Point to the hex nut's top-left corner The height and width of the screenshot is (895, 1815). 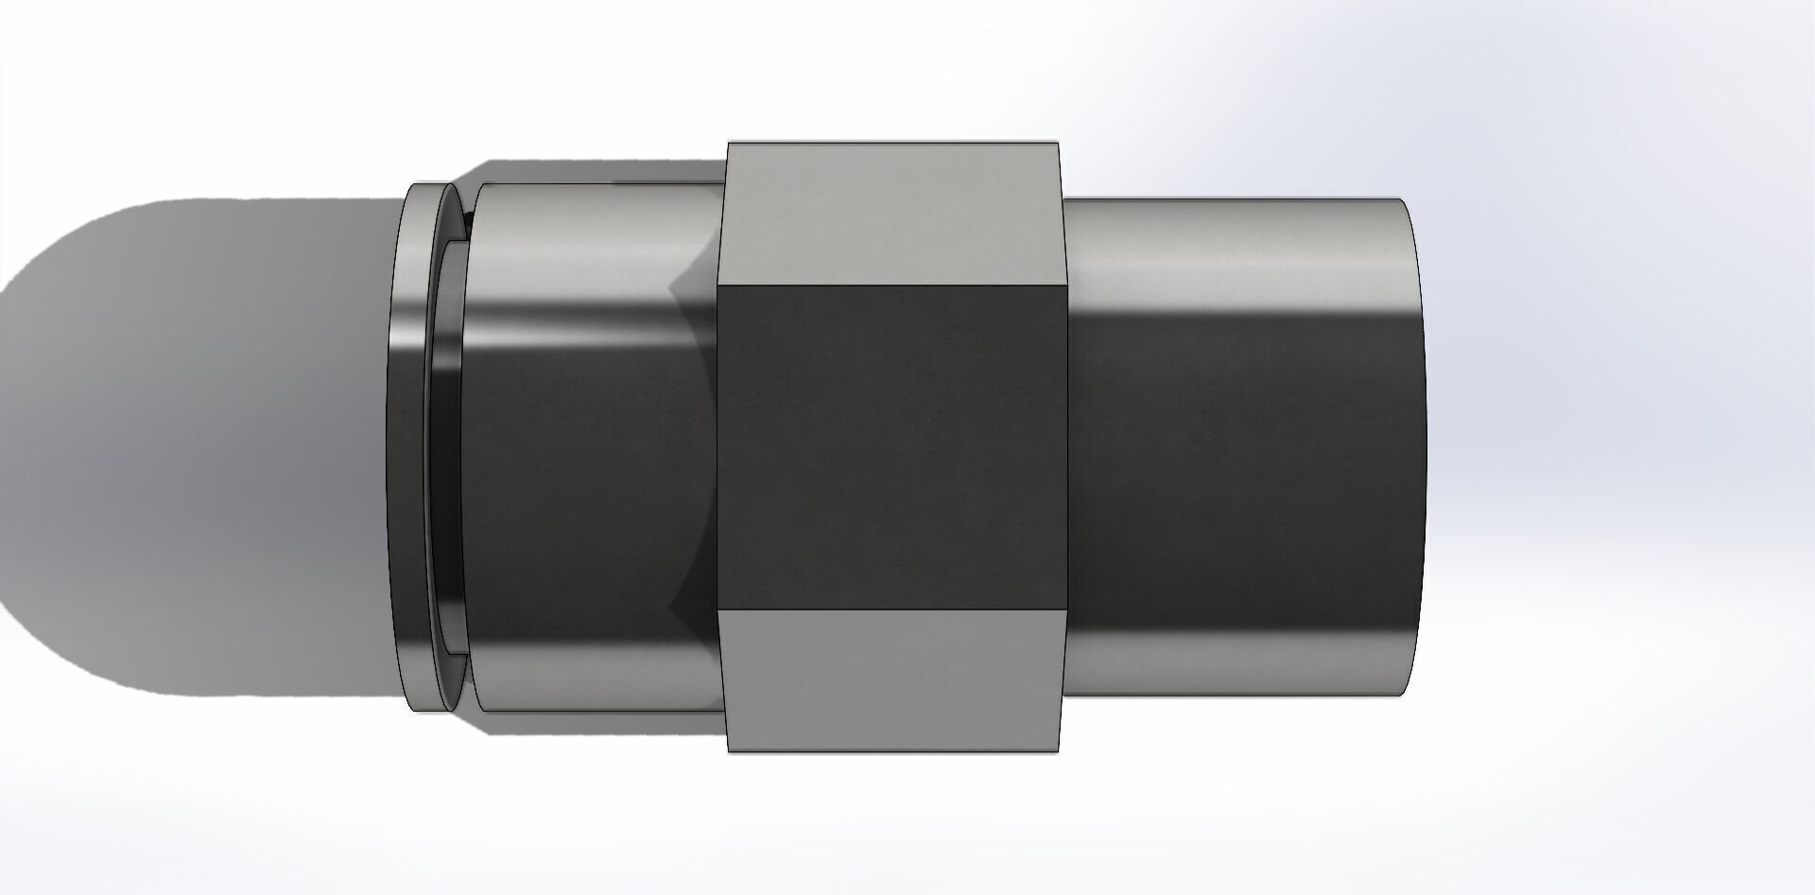[729, 144]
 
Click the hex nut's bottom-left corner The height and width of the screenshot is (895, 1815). [729, 751]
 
